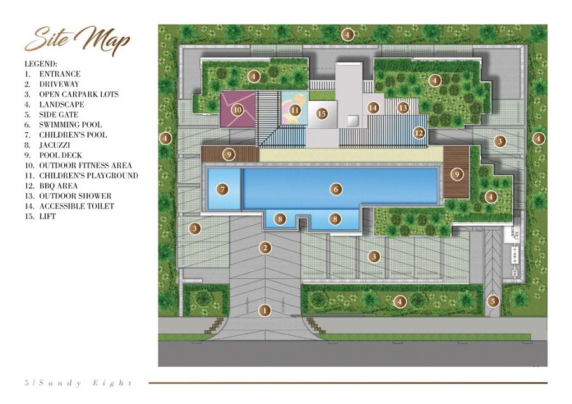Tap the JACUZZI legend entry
point(47,145)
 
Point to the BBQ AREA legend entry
point(51,186)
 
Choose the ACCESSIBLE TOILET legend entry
point(69,206)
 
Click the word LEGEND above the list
point(41,64)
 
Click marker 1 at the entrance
point(264,311)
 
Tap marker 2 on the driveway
point(265,248)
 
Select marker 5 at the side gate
point(493,301)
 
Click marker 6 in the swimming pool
point(336,189)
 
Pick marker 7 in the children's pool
point(222,189)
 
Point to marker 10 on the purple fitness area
point(238,109)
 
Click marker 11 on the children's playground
point(295,110)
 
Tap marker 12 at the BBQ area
point(419,133)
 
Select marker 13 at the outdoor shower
point(403,107)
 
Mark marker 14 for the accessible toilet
point(373,107)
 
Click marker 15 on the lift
point(322,114)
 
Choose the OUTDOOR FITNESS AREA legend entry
point(78,166)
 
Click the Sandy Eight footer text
point(78,383)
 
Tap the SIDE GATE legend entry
point(51,114)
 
